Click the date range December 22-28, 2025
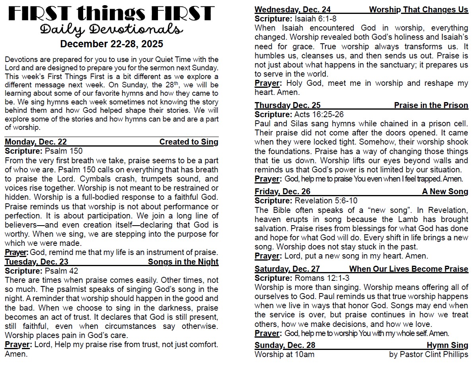(x=111, y=43)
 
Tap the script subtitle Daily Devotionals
(x=111, y=29)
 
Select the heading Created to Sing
(x=189, y=142)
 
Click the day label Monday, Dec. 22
(x=36, y=142)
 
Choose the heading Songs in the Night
(x=183, y=262)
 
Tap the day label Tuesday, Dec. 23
(x=37, y=262)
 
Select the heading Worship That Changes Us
(x=418, y=10)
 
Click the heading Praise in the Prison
(x=431, y=105)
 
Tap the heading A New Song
(x=445, y=192)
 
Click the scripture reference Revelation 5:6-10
(x=326, y=201)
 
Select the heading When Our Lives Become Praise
(x=409, y=269)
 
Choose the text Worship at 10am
(x=284, y=354)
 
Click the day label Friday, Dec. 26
(x=282, y=192)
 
